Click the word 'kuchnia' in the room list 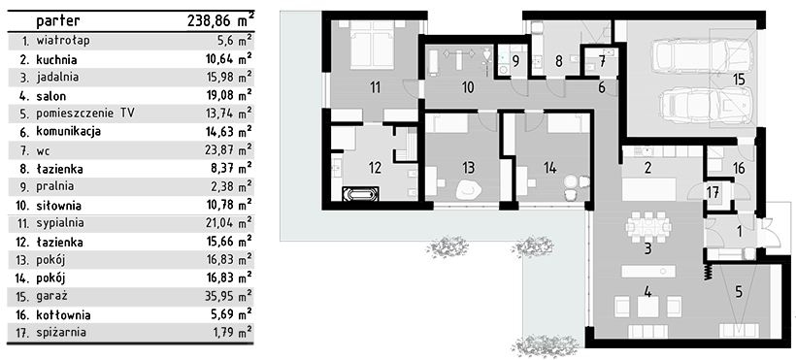(x=56, y=60)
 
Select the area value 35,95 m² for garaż (x=228, y=296)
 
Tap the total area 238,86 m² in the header (x=220, y=20)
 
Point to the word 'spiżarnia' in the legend (x=61, y=333)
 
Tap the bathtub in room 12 (x=360, y=194)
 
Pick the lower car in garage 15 (x=705, y=103)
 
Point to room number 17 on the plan (x=713, y=192)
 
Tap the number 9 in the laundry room (x=515, y=61)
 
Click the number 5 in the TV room (x=738, y=292)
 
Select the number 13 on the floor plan (x=468, y=167)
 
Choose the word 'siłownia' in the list (x=58, y=206)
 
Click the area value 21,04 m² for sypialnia (x=228, y=223)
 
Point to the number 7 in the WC (x=602, y=61)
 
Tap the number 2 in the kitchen (x=647, y=167)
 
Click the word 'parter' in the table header (x=58, y=21)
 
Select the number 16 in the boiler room (x=739, y=167)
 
